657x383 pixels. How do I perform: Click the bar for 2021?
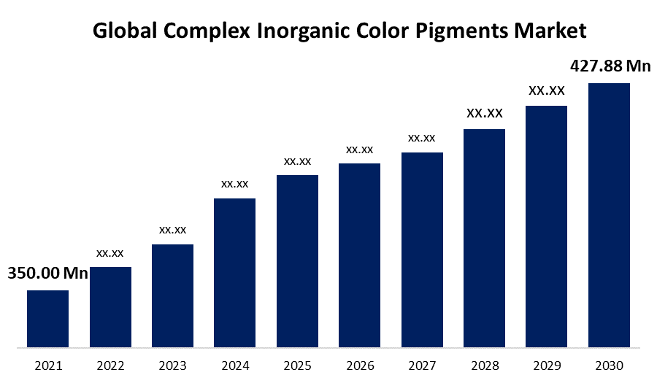point(47,318)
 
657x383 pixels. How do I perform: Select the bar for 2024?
point(234,272)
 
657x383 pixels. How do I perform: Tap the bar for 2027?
point(422,249)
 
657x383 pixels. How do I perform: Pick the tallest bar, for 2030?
point(609,214)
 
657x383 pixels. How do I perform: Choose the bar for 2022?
point(110,306)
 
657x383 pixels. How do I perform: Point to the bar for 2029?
point(546,225)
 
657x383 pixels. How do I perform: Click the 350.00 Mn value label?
point(47,274)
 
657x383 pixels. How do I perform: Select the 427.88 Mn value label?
point(610,66)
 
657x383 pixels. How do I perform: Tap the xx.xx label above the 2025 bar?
point(297,160)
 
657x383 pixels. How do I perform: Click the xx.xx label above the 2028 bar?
point(485,113)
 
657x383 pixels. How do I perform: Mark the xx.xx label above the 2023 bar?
point(172,230)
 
